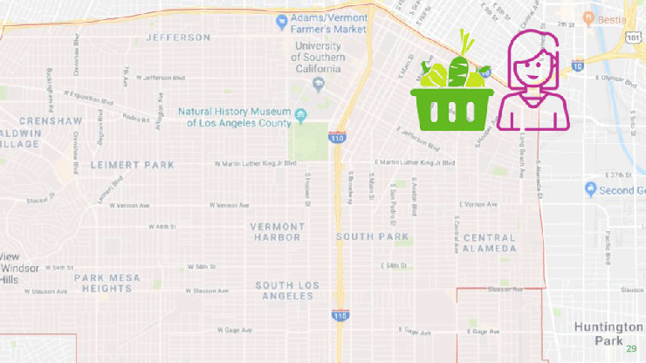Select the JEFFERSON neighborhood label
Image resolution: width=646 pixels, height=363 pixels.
point(178,38)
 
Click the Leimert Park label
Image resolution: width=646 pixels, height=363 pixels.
point(132,164)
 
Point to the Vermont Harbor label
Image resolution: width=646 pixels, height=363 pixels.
point(278,231)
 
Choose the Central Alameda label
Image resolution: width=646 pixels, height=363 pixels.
point(490,243)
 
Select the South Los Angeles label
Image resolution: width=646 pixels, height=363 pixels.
point(284,291)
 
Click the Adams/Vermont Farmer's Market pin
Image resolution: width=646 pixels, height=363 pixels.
point(282,21)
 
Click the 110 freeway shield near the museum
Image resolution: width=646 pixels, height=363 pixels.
point(336,137)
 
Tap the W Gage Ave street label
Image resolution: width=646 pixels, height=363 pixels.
point(233,331)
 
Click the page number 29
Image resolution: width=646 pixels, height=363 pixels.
point(631,349)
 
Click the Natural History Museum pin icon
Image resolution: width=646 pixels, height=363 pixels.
point(301,114)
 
